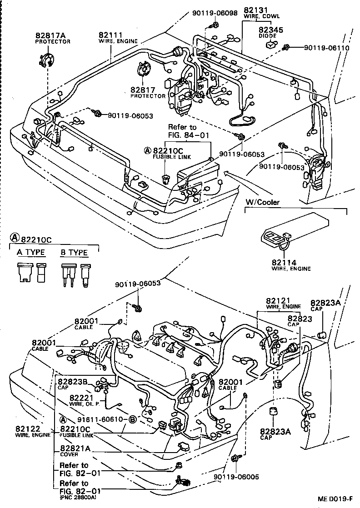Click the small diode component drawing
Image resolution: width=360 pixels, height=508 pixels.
pyautogui.click(x=271, y=45)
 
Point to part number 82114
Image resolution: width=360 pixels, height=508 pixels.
pyautogui.click(x=284, y=262)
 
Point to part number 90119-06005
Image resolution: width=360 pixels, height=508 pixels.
pyautogui.click(x=235, y=477)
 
